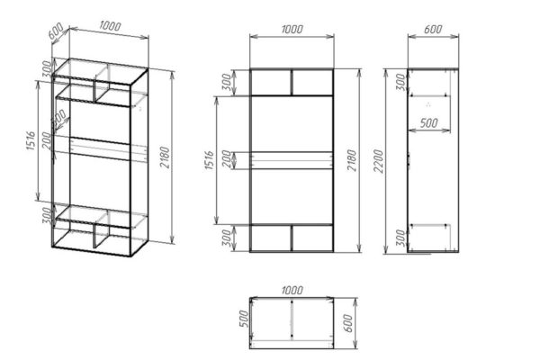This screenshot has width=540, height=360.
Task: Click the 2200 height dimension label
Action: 379,161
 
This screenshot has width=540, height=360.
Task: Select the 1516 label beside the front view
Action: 210,160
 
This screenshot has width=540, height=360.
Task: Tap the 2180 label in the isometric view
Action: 166,157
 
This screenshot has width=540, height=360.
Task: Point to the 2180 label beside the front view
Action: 352,160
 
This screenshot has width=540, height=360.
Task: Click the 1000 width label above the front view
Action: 292,30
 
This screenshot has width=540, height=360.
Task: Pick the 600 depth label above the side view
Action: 433,30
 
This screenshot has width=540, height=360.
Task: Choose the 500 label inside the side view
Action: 429,123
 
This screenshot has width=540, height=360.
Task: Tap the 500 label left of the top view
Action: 244,319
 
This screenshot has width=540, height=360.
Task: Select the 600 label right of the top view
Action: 348,323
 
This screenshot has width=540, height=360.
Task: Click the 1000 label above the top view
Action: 292,290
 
